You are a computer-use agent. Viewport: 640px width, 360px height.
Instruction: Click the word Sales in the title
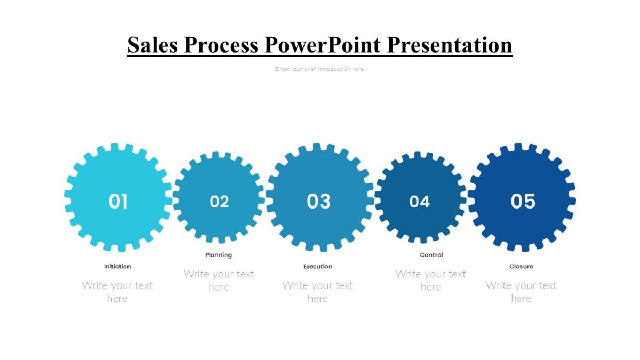click(x=152, y=45)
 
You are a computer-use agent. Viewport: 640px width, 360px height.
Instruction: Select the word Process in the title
click(x=221, y=45)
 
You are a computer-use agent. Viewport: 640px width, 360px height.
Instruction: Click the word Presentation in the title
click(x=450, y=45)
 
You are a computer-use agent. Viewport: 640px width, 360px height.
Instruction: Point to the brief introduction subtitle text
click(x=320, y=69)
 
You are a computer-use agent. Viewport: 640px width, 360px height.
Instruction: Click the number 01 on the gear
click(x=118, y=202)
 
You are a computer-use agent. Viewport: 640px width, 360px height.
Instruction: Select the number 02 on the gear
click(x=219, y=202)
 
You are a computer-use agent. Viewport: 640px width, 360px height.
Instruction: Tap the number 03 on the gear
click(x=319, y=202)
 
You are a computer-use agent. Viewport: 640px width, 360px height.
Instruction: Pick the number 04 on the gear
click(x=420, y=202)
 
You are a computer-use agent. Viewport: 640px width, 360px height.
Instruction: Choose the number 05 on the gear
click(x=523, y=202)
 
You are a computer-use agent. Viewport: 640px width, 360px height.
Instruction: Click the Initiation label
click(x=117, y=266)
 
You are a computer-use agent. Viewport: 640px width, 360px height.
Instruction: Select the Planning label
click(x=219, y=255)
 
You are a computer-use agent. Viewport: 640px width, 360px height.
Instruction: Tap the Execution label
click(x=318, y=266)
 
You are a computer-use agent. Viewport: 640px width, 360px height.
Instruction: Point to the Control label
click(x=431, y=255)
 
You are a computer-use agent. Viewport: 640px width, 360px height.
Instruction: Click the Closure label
click(x=521, y=266)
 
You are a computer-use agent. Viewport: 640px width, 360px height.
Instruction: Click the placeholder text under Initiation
click(x=117, y=292)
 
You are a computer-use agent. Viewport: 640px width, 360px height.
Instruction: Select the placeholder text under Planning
click(x=219, y=280)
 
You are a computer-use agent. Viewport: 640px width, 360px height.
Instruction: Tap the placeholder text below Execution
click(x=318, y=292)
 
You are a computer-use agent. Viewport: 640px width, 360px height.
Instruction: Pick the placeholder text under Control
click(x=431, y=280)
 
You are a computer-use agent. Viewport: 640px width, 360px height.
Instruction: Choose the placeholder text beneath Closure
click(x=521, y=292)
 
